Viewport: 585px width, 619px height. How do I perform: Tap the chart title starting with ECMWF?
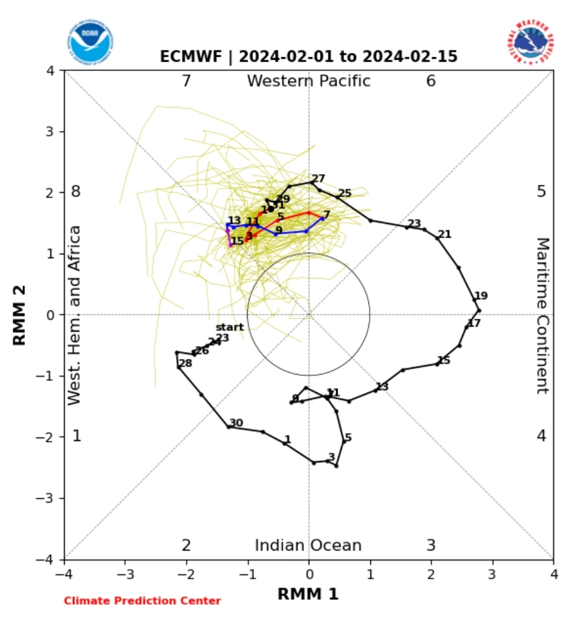(309, 57)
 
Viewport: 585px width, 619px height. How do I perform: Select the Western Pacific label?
(309, 81)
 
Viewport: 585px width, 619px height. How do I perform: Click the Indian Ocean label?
(308, 546)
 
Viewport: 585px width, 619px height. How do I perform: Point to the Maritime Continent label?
(542, 315)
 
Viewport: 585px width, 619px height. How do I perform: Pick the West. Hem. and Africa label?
(75, 315)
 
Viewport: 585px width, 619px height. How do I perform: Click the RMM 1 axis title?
(308, 594)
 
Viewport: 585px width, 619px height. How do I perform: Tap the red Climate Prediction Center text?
(142, 601)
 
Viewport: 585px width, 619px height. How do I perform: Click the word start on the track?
(230, 327)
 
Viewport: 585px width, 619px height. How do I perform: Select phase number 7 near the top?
(185, 81)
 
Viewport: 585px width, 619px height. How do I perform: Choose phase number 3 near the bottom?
(431, 546)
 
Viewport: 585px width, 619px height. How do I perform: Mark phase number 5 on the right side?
(541, 191)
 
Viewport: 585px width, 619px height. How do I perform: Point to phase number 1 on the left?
(77, 436)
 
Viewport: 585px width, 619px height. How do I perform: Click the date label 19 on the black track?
(481, 296)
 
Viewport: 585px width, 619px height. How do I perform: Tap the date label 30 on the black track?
(236, 423)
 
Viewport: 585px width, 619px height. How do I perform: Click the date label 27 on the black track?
(319, 179)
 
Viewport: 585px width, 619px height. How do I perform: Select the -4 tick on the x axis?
(64, 573)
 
